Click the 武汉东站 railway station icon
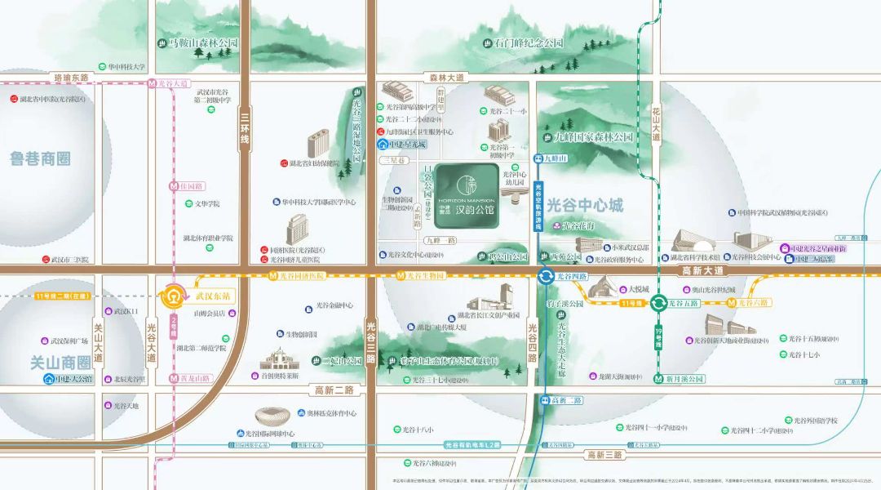174,294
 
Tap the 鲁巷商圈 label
41,158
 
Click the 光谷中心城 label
586,205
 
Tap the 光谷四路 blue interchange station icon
544,277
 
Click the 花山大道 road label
656,123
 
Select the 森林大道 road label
446,78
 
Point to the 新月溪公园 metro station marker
658,378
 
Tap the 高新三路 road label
604,455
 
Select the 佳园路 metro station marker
174,185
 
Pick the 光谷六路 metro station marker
733,303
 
